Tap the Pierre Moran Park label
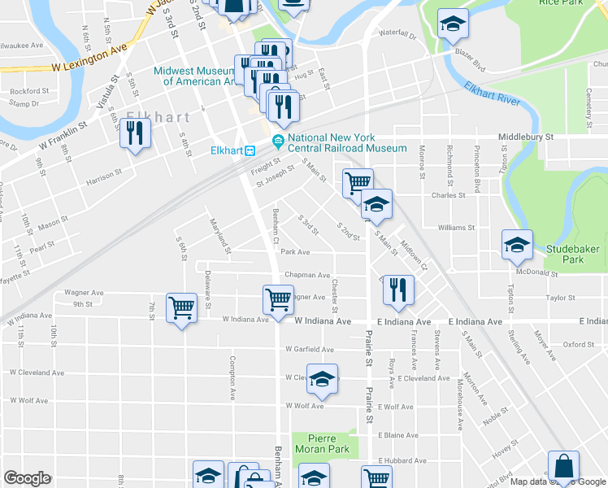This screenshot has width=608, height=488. coord(322,443)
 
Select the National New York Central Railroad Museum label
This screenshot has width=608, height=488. coord(346,143)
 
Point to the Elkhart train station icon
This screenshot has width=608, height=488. coord(252,150)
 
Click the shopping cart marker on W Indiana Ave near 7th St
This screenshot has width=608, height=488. coord(182,307)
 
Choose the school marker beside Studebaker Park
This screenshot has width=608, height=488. coord(517,245)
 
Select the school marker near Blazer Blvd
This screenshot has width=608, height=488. coord(452,25)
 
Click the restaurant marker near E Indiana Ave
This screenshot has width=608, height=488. coord(398,290)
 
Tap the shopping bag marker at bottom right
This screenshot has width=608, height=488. coord(563,467)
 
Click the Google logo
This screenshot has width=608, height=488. coord(28,478)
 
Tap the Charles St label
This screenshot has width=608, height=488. coord(448,195)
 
